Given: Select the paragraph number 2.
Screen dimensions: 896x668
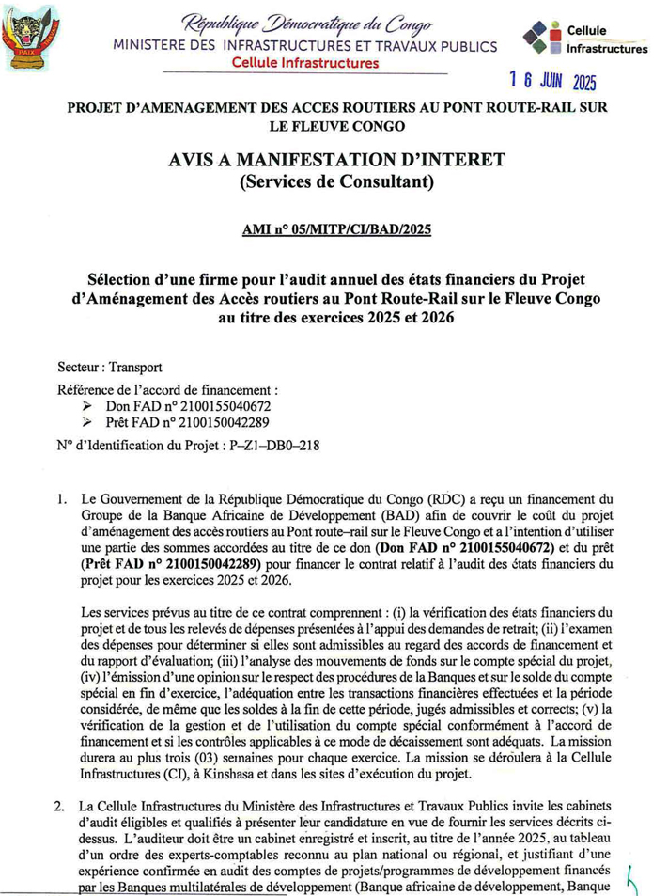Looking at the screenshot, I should (59, 806).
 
